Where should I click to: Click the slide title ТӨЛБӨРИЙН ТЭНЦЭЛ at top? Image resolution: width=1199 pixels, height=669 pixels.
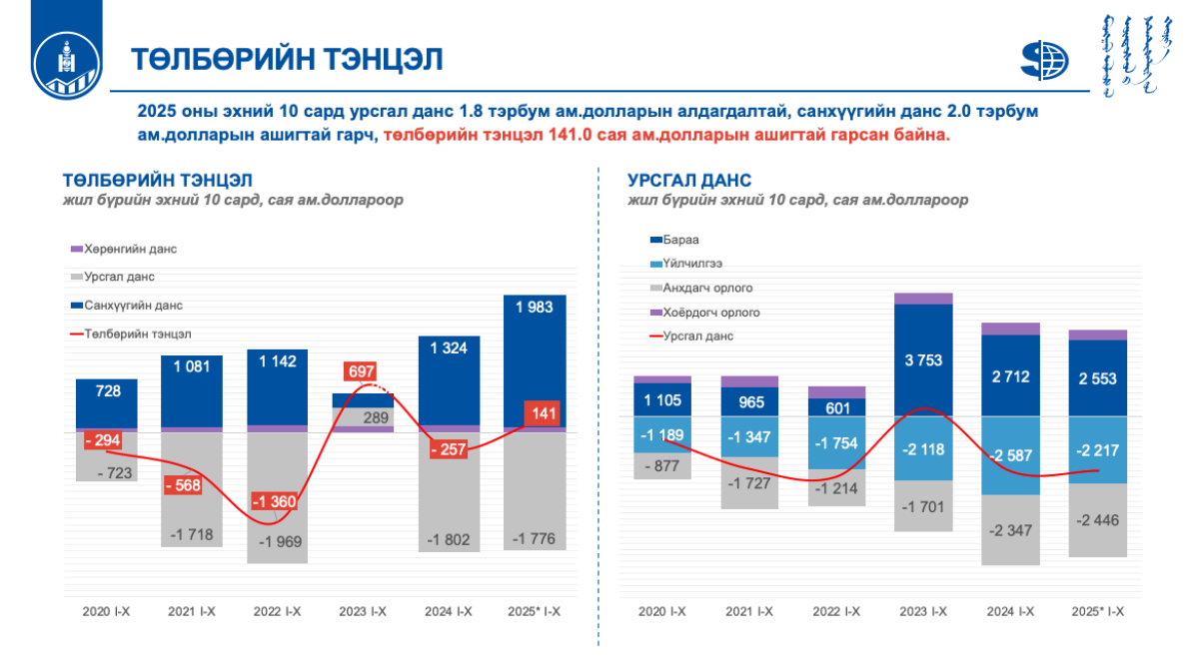tap(287, 59)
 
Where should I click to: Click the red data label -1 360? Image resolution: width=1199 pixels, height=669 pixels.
tap(274, 501)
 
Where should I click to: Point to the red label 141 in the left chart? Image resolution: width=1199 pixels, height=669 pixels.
tap(539, 414)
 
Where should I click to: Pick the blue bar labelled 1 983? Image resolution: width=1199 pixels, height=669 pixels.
tap(534, 359)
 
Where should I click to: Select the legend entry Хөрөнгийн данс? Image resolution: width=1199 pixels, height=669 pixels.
tap(131, 249)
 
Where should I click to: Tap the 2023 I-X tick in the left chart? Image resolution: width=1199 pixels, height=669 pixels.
tap(363, 610)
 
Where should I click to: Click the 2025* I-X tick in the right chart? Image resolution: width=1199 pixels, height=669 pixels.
tap(1098, 610)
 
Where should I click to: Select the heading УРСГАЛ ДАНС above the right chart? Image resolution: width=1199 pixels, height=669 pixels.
tap(689, 181)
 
